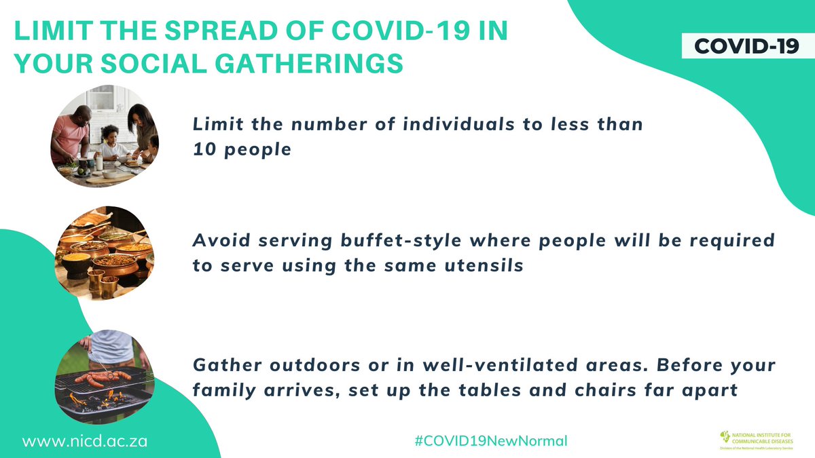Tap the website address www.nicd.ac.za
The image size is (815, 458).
(85, 440)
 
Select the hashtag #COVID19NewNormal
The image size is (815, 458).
(490, 440)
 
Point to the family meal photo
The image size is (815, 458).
(105, 136)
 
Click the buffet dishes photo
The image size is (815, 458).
(105, 252)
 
